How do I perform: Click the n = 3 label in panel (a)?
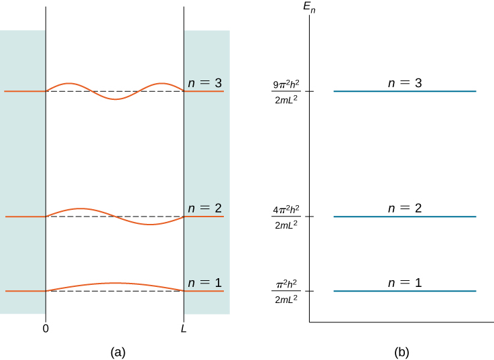coord(204,84)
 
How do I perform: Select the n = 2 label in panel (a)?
coord(204,208)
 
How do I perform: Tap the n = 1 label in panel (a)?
coord(204,283)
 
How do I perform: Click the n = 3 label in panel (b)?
coord(405,83)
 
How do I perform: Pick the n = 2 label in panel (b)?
coord(405,208)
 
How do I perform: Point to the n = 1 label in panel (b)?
coord(405,283)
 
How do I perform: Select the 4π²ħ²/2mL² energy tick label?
coord(286,217)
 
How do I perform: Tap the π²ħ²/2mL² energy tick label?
coord(286,292)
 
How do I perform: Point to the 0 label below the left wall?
coord(46,328)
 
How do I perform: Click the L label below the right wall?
coord(184,328)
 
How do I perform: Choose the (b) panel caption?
coord(402,351)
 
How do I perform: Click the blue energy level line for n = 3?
coord(405,91)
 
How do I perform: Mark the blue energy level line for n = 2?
coord(405,217)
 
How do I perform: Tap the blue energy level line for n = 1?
coord(405,291)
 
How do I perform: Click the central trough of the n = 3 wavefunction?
coord(115,99)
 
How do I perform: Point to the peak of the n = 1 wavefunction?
coord(115,283)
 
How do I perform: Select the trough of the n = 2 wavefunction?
coord(149,225)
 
